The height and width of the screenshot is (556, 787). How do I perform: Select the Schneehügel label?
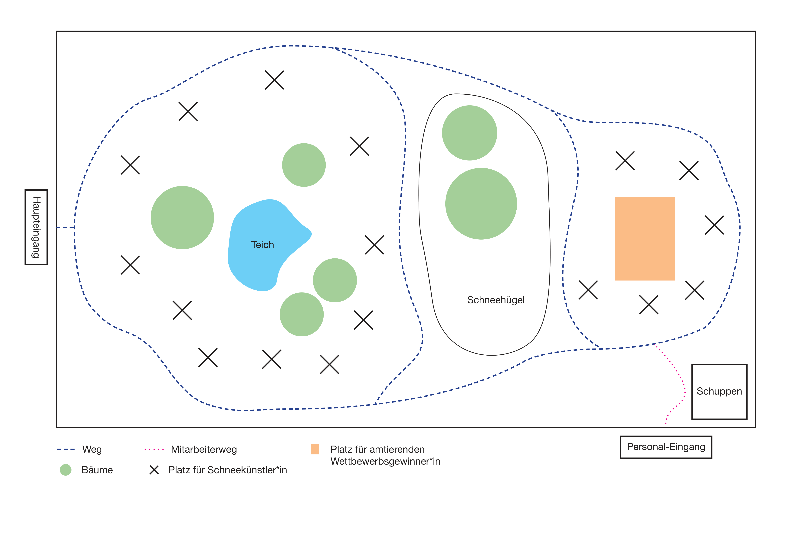496,300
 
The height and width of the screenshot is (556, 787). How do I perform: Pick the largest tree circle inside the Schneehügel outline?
481,204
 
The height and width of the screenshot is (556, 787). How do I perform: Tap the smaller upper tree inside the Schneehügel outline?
469,133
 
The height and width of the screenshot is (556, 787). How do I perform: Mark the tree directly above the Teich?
304,165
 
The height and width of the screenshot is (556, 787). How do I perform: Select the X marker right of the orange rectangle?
714,225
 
